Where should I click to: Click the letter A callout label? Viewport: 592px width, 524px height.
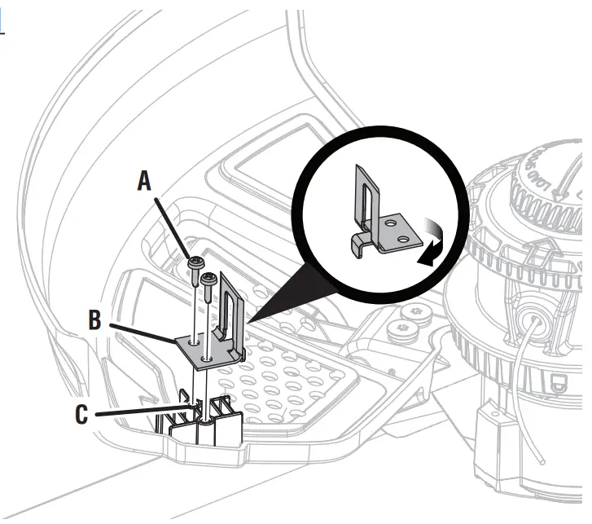point(144,181)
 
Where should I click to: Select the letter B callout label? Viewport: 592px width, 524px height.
point(95,320)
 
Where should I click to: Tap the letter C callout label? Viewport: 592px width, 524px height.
point(82,413)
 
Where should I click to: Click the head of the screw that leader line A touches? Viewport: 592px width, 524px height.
point(195,262)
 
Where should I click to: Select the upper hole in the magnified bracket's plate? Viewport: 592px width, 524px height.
point(393,222)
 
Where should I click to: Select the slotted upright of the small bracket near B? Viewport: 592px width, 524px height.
point(230,306)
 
